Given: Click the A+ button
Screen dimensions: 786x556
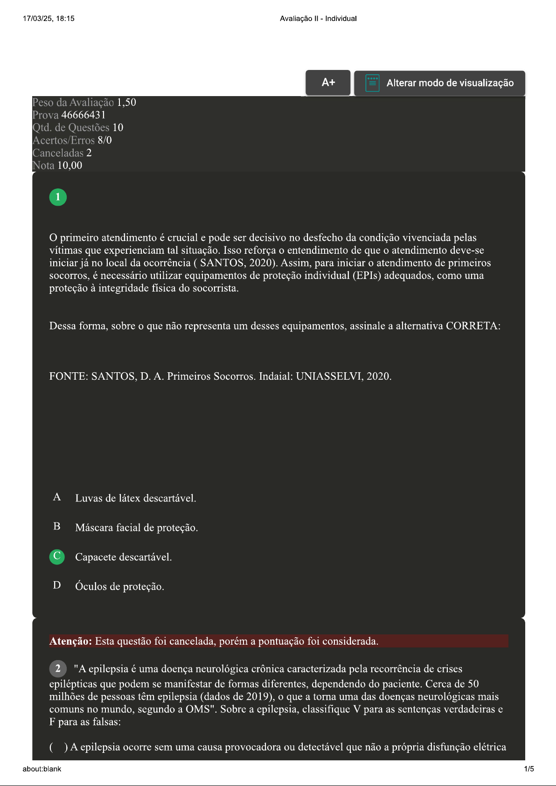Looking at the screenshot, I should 328,83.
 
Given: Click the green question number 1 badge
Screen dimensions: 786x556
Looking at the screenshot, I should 58,197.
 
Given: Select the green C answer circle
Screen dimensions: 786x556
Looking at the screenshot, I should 57,556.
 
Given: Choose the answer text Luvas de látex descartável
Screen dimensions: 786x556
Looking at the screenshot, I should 135,498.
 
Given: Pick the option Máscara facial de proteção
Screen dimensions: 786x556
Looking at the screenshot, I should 136,528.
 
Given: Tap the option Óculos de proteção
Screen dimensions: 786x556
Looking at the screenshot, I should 119,586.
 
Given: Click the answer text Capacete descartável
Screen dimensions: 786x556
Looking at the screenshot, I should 123,557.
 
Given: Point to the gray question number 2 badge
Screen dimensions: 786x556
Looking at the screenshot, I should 58,668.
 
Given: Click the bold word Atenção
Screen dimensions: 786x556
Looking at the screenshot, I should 71,641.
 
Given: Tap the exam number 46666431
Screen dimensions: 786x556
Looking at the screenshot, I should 83,115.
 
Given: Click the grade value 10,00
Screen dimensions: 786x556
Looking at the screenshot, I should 69,166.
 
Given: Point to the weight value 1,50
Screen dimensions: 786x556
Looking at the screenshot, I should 126,102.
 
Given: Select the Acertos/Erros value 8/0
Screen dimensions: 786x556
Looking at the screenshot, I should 104,140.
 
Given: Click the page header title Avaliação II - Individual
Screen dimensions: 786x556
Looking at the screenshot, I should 318,19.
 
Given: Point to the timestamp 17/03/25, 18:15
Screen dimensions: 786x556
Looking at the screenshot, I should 49,19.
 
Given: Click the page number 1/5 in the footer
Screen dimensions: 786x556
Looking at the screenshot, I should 529,769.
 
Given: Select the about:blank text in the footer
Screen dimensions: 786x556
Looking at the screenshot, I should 42,769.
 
